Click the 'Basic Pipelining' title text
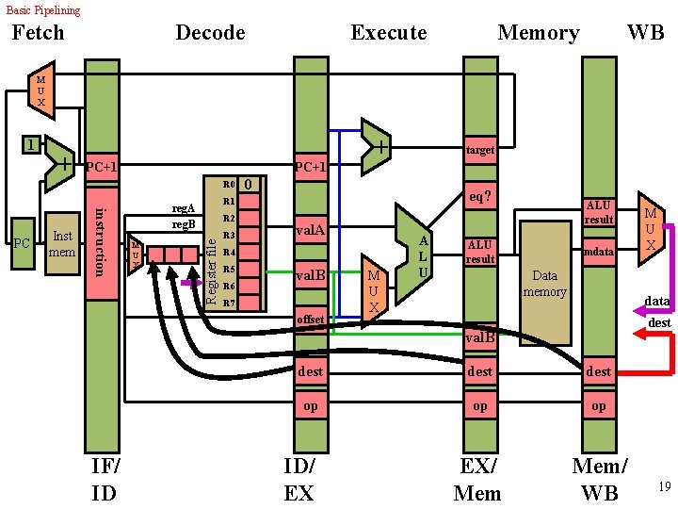[43, 10]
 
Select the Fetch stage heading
[38, 33]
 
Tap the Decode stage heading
[210, 33]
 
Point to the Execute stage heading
[388, 33]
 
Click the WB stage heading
[645, 33]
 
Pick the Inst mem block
[62, 244]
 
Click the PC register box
[22, 244]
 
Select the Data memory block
[545, 283]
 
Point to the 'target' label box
[480, 150]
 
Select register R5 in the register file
[228, 270]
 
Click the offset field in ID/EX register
[311, 320]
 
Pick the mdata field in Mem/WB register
[598, 252]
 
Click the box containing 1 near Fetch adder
[32, 145]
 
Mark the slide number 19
[664, 486]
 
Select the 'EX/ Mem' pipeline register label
[477, 479]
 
